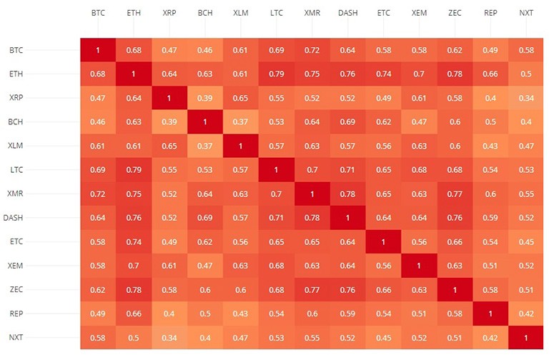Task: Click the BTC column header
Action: [x=98, y=14]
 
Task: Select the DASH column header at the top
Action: [x=348, y=14]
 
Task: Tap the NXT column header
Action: [x=527, y=14]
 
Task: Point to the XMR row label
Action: [x=16, y=194]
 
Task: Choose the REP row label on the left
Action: [x=16, y=314]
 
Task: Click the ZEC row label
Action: [x=16, y=289]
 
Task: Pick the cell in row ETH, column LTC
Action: [x=277, y=74]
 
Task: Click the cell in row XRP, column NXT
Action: [x=527, y=98]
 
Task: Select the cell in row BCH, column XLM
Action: [x=241, y=122]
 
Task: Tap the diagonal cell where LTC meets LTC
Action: [x=277, y=170]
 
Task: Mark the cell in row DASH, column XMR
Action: [x=312, y=218]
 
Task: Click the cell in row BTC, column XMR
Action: [x=312, y=50]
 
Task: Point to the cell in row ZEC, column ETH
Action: [x=134, y=289]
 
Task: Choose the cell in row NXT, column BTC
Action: [x=98, y=337]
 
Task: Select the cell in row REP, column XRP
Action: [x=169, y=314]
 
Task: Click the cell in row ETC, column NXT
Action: [x=527, y=241]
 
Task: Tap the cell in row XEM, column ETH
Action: [x=134, y=266]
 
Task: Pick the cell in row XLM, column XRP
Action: [x=169, y=146]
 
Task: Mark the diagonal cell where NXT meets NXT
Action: [x=527, y=337]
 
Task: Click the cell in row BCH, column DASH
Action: [x=348, y=122]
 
